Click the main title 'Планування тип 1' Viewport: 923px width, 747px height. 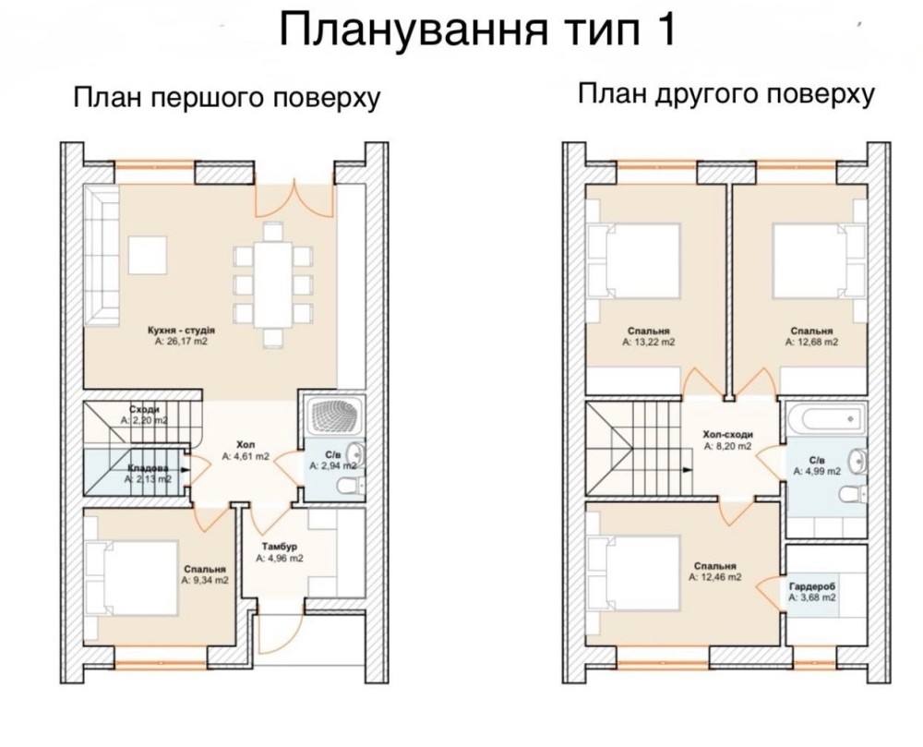477,30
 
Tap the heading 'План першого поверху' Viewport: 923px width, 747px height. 227,98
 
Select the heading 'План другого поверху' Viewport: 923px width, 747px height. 725,94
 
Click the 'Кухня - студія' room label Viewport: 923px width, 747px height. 181,331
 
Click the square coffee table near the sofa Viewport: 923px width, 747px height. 147,254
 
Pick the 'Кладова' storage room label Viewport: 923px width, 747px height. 149,468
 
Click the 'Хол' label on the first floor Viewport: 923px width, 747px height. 246,444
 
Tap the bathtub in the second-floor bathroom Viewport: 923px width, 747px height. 826,418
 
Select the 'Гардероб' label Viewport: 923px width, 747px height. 812,587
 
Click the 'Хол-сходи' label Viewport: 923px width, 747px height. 728,434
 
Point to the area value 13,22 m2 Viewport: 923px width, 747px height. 649,342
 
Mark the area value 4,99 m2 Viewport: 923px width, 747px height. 817,471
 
